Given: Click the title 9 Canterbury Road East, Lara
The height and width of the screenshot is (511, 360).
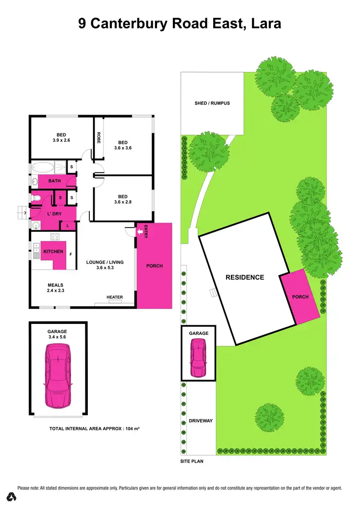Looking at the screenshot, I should [x=180, y=24].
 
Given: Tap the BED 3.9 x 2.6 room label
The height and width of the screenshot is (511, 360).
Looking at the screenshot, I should [x=60, y=137].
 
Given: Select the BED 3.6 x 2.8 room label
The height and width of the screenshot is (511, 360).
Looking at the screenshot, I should [x=122, y=199].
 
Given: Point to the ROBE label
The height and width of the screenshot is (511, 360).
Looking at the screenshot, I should [x=98, y=138].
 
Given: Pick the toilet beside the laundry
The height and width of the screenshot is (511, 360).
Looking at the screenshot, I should [x=36, y=198].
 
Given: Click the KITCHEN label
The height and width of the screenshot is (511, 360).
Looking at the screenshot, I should [x=53, y=251].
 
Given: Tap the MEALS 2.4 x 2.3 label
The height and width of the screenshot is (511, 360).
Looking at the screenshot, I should [x=56, y=287].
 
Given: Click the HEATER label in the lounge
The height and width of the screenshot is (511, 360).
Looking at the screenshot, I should [x=115, y=297].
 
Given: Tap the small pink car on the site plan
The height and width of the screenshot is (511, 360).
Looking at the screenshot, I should [x=198, y=357].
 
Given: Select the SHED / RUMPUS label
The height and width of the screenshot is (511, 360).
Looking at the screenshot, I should [x=212, y=103].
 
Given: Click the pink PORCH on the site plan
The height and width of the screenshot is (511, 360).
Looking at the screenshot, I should [x=300, y=297].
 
